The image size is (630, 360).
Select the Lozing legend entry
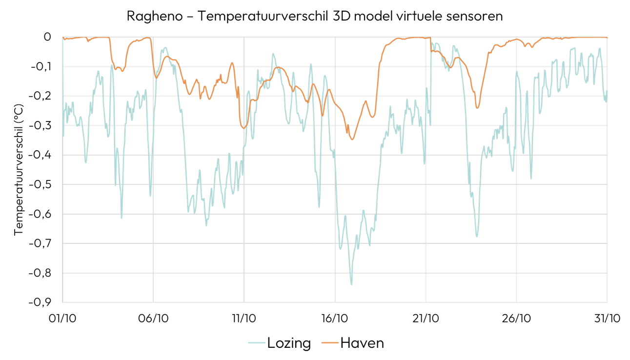click(289, 343)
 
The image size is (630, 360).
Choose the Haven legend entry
click(362, 343)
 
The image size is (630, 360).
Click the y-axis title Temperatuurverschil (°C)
click(19, 169)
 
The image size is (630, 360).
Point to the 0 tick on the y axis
click(47, 37)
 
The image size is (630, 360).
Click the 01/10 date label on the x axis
click(62, 318)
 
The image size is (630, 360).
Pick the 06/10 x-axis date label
click(153, 318)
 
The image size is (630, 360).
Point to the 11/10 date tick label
click(244, 318)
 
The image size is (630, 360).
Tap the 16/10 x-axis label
click(335, 318)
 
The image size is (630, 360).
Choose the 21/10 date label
click(426, 318)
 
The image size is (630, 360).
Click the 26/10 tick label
click(516, 318)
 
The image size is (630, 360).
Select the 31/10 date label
click(607, 318)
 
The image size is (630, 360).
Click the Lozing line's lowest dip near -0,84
click(351, 284)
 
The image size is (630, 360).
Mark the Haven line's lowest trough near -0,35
click(352, 140)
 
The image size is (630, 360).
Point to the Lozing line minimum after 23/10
click(477, 237)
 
